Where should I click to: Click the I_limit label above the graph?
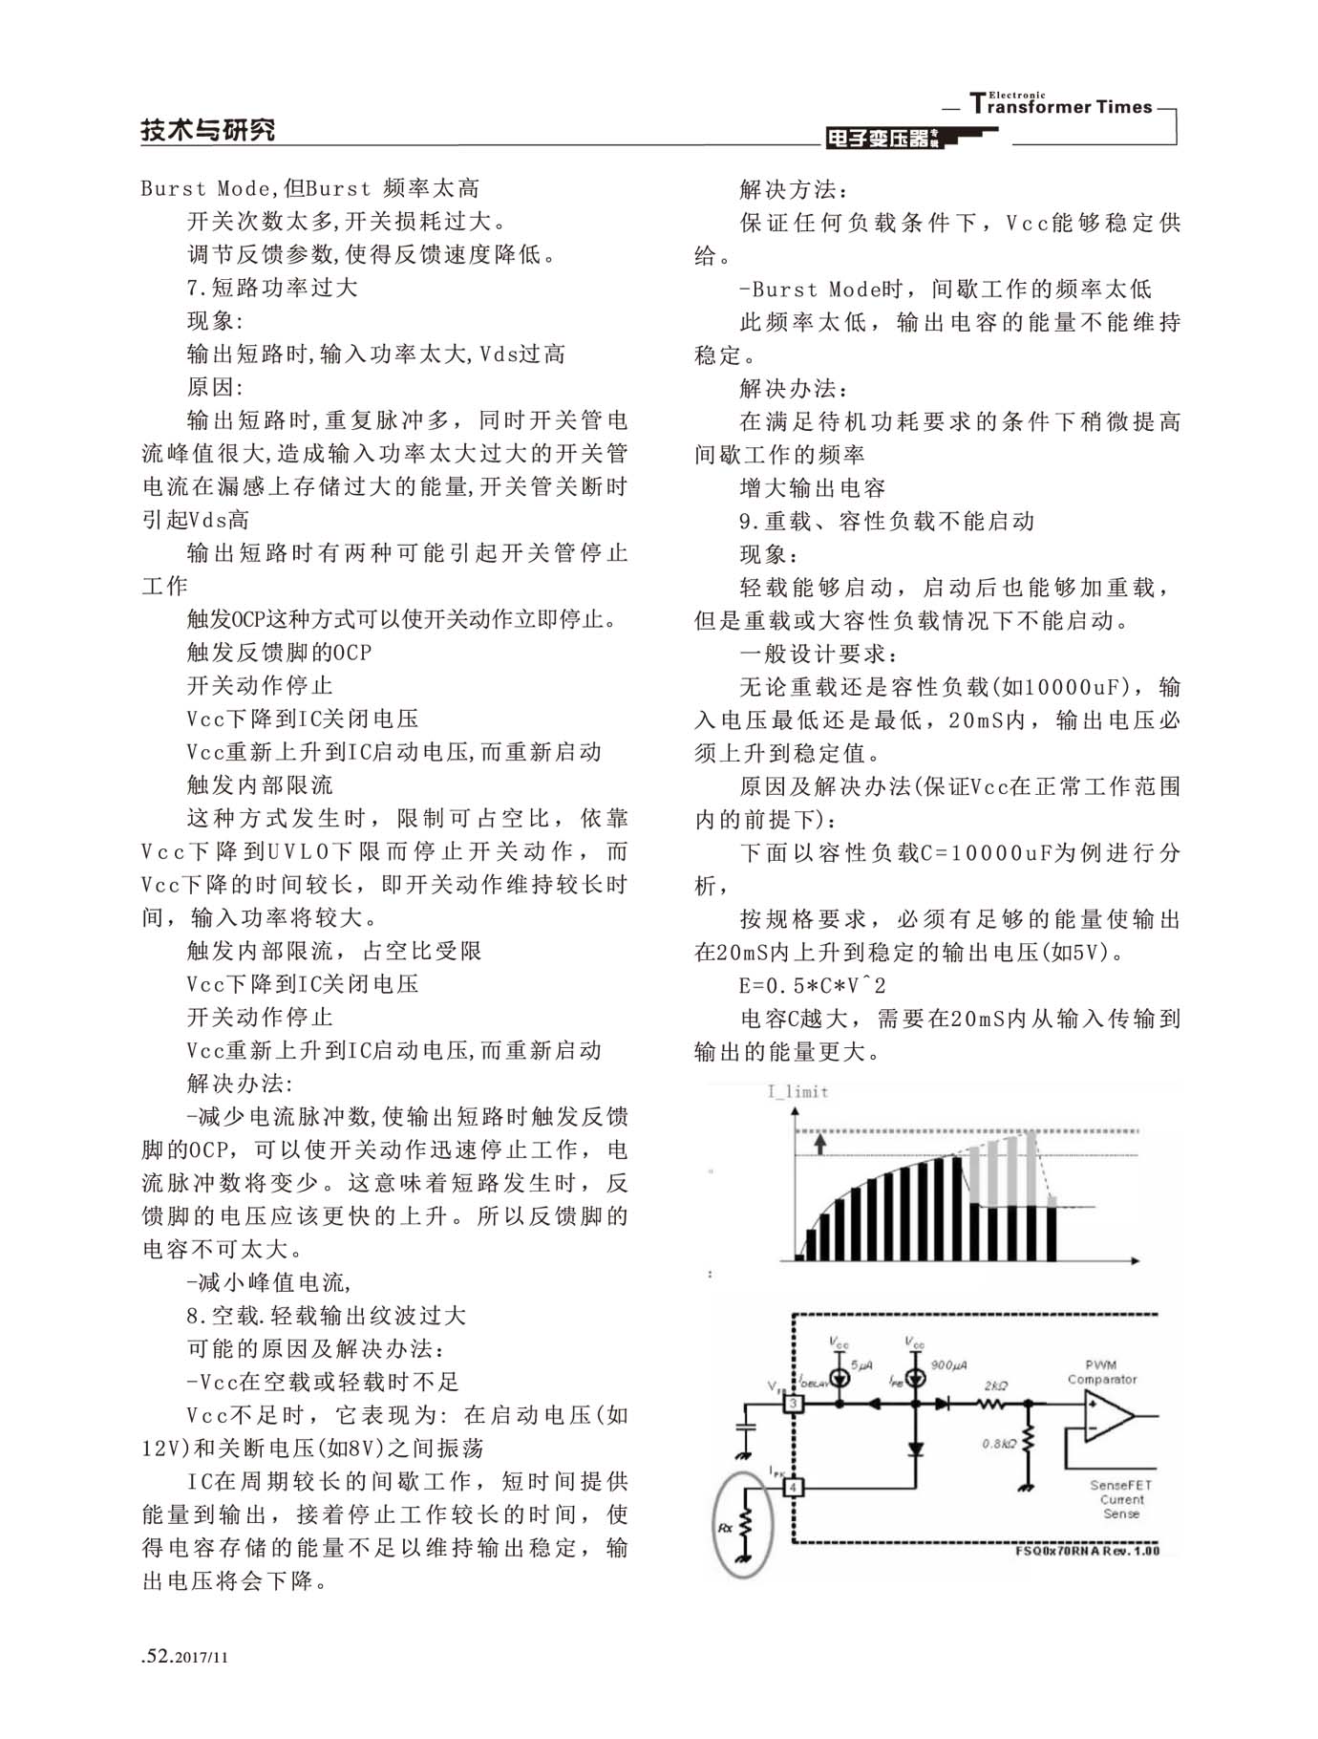coord(797,1091)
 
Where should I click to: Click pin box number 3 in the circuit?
coord(794,1404)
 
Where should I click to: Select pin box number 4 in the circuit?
coord(794,1487)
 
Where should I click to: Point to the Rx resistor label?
coord(726,1527)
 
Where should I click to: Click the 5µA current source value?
coord(861,1364)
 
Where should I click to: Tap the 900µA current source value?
coord(948,1364)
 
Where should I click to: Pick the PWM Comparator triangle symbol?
coord(1108,1416)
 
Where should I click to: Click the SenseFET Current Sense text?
coord(1120,1499)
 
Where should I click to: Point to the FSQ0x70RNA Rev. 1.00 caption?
coord(1087,1550)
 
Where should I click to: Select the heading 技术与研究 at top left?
coord(208,130)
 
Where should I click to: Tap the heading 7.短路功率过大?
coord(272,287)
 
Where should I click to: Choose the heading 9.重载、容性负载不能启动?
coord(887,521)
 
